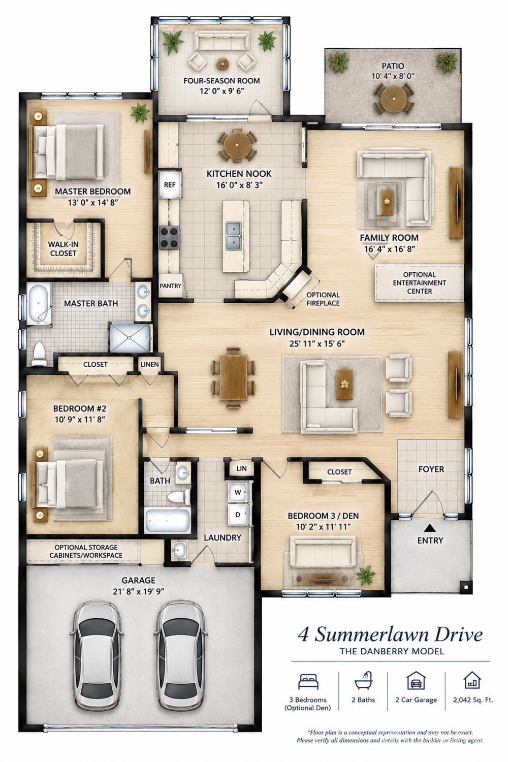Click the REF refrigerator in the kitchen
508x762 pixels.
pos(170,185)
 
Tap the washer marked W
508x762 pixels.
pos(238,492)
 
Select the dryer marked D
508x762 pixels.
pos(238,515)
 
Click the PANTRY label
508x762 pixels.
pos(171,285)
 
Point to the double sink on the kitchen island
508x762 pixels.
pos(234,235)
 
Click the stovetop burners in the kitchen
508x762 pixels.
pos(170,237)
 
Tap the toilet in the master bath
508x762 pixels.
pos(39,354)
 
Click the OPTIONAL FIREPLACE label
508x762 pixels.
pos(323,299)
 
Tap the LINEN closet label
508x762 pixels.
pos(150,364)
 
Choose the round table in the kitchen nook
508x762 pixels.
pos(237,146)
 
